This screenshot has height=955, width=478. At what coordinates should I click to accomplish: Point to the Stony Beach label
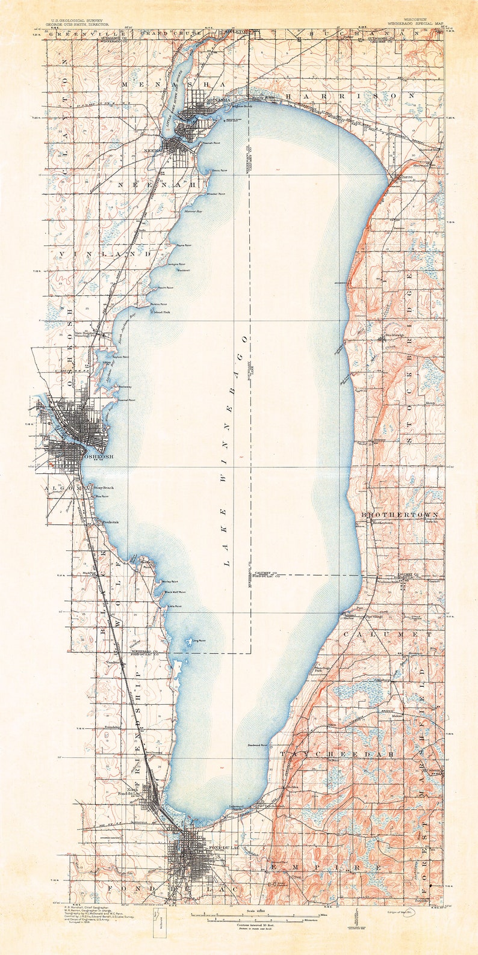point(104,487)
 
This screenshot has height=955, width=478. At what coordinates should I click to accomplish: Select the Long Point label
point(199,640)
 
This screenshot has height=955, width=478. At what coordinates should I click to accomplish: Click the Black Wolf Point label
point(175,592)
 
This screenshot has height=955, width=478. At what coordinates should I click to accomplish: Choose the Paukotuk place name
point(110,522)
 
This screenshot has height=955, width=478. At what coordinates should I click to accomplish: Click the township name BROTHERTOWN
point(399,515)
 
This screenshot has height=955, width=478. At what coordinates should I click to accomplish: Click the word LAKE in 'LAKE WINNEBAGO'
point(227,551)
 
